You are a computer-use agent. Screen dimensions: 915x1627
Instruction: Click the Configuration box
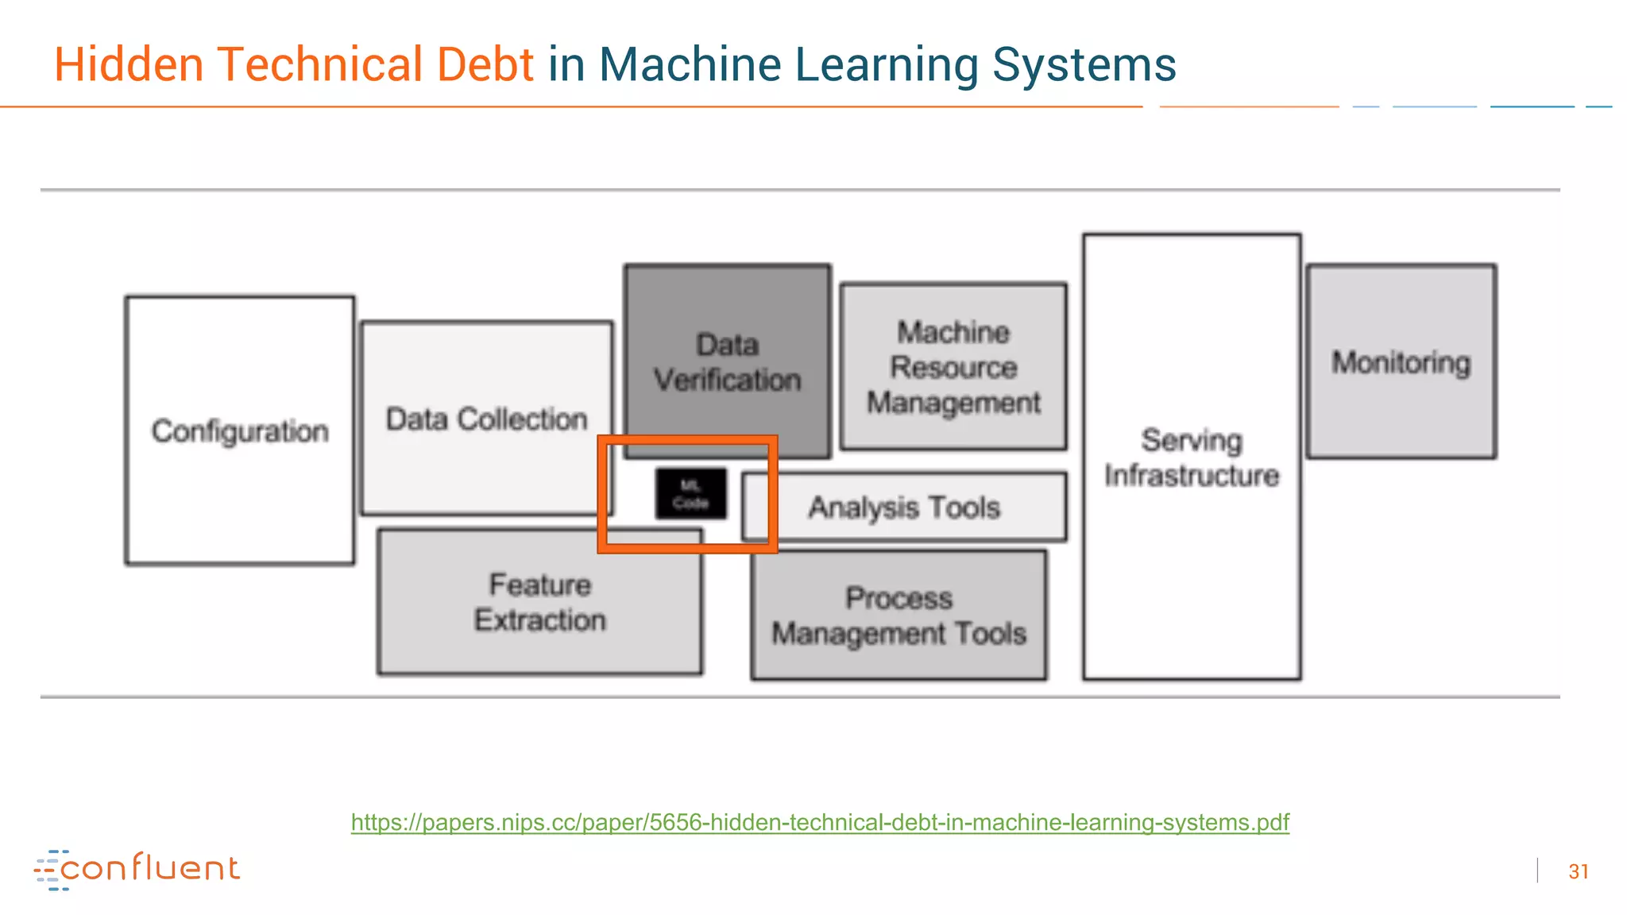point(239,430)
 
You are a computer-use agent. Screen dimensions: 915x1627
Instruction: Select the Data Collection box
point(486,419)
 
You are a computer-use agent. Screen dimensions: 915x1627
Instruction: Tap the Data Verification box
point(727,362)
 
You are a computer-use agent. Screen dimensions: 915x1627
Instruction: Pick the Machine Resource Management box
point(953,367)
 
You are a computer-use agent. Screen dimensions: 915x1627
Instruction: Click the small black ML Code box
point(690,494)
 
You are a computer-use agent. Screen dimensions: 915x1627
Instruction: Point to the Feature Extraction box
point(539,602)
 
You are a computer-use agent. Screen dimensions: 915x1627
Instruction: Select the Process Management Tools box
point(899,616)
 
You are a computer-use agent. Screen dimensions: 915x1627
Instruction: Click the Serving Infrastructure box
point(1191,457)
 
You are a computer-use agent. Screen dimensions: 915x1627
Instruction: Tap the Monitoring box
point(1401,362)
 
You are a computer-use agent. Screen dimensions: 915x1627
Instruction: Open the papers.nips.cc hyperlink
point(820,822)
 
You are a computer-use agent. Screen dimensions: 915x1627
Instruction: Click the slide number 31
point(1578,871)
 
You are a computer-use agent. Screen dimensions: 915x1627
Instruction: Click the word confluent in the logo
point(150,868)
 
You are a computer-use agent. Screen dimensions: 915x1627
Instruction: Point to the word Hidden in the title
point(129,64)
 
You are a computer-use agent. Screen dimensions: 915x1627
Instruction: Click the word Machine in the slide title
point(689,64)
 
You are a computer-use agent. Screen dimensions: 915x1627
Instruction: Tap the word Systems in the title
point(1084,64)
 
